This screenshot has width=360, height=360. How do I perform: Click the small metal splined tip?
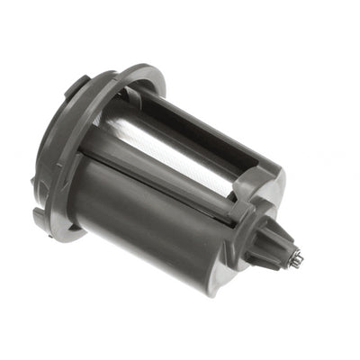296,259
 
